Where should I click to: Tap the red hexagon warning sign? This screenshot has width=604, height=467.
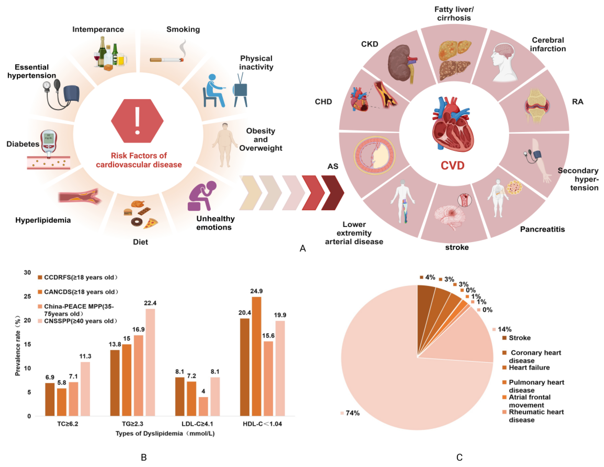click(137, 121)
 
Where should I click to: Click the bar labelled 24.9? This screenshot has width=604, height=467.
click(256, 356)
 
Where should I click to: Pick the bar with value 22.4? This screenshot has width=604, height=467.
click(150, 362)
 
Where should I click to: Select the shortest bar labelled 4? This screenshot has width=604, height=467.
click(203, 406)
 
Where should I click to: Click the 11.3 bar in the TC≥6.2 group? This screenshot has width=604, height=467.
click(85, 389)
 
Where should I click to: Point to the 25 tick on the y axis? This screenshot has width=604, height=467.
click(27, 296)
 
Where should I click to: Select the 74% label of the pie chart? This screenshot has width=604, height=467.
click(352, 413)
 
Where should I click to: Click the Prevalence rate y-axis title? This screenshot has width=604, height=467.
click(18, 345)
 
